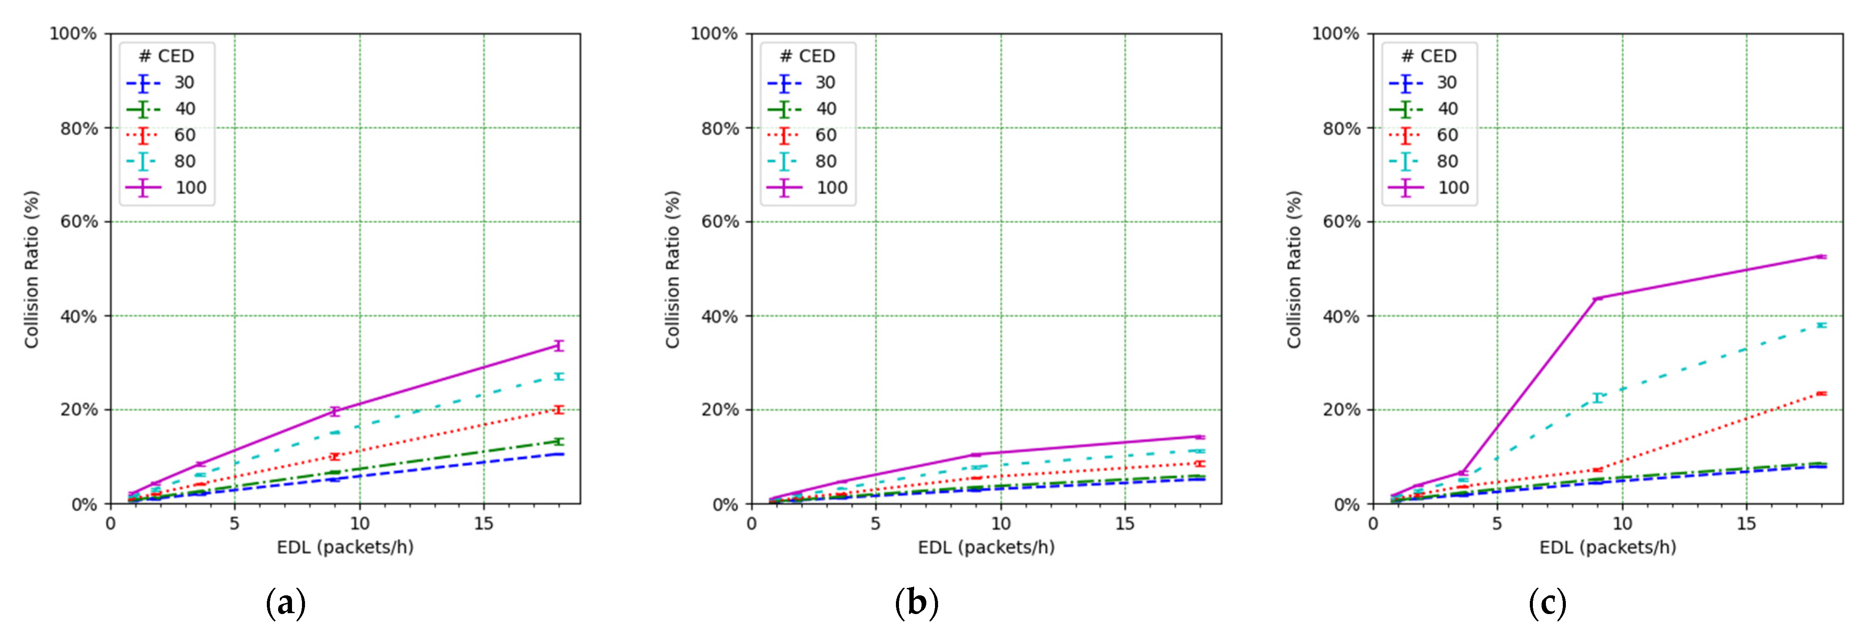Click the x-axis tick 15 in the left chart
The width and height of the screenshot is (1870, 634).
pyautogui.click(x=483, y=524)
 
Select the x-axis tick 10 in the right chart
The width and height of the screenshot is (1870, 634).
pyautogui.click(x=1622, y=524)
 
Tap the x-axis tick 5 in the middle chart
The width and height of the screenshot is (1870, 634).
pyautogui.click(x=876, y=524)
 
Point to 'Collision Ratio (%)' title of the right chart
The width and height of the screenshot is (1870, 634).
pyautogui.click(x=1294, y=269)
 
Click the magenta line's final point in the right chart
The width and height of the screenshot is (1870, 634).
pyautogui.click(x=1821, y=256)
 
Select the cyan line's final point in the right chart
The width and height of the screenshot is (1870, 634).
pyautogui.click(x=1821, y=325)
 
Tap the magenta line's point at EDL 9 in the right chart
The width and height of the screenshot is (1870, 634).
pyautogui.click(x=1597, y=298)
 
